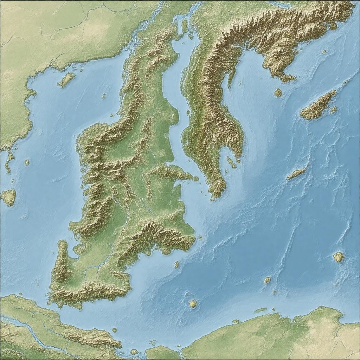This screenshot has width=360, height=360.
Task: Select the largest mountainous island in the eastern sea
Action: (x=319, y=105)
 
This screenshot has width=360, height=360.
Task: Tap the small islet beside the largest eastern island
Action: (x=334, y=110)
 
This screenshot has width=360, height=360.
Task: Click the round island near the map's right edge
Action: (x=338, y=257)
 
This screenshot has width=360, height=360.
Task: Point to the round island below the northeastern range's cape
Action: (x=278, y=92)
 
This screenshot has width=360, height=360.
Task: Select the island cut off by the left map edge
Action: (x=8, y=197)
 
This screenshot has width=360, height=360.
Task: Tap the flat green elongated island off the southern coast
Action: (x=260, y=310)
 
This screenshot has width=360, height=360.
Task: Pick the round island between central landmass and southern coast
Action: (x=193, y=304)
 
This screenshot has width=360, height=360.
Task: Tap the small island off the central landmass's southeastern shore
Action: (x=176, y=264)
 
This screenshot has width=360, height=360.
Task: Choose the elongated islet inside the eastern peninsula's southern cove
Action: (x=231, y=162)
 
